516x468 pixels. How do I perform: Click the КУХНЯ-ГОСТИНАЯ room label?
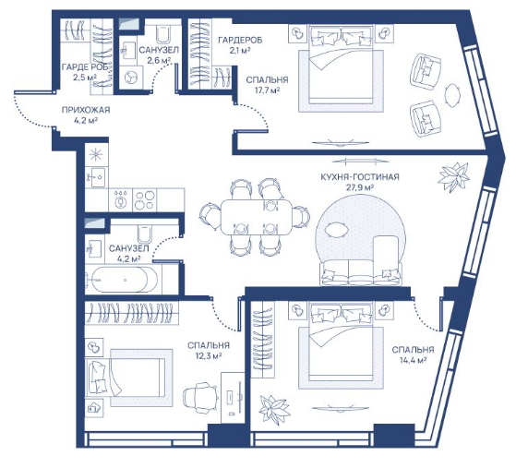(x=360, y=177)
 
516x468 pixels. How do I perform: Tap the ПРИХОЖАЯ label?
(x=86, y=110)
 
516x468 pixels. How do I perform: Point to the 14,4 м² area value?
(x=413, y=360)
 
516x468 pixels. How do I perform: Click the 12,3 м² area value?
(x=209, y=355)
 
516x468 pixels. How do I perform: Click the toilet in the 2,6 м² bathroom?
(x=162, y=33)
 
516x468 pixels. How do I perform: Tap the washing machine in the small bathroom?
(x=131, y=77)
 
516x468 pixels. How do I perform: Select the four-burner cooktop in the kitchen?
(x=145, y=200)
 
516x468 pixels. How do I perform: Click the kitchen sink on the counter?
(x=96, y=176)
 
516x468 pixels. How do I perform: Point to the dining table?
(x=257, y=217)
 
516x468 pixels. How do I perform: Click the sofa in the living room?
(x=361, y=273)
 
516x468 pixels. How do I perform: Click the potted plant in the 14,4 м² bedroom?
(x=275, y=409)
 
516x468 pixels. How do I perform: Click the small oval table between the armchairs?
(x=451, y=95)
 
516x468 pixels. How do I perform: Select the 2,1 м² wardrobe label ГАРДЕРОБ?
(x=240, y=40)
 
